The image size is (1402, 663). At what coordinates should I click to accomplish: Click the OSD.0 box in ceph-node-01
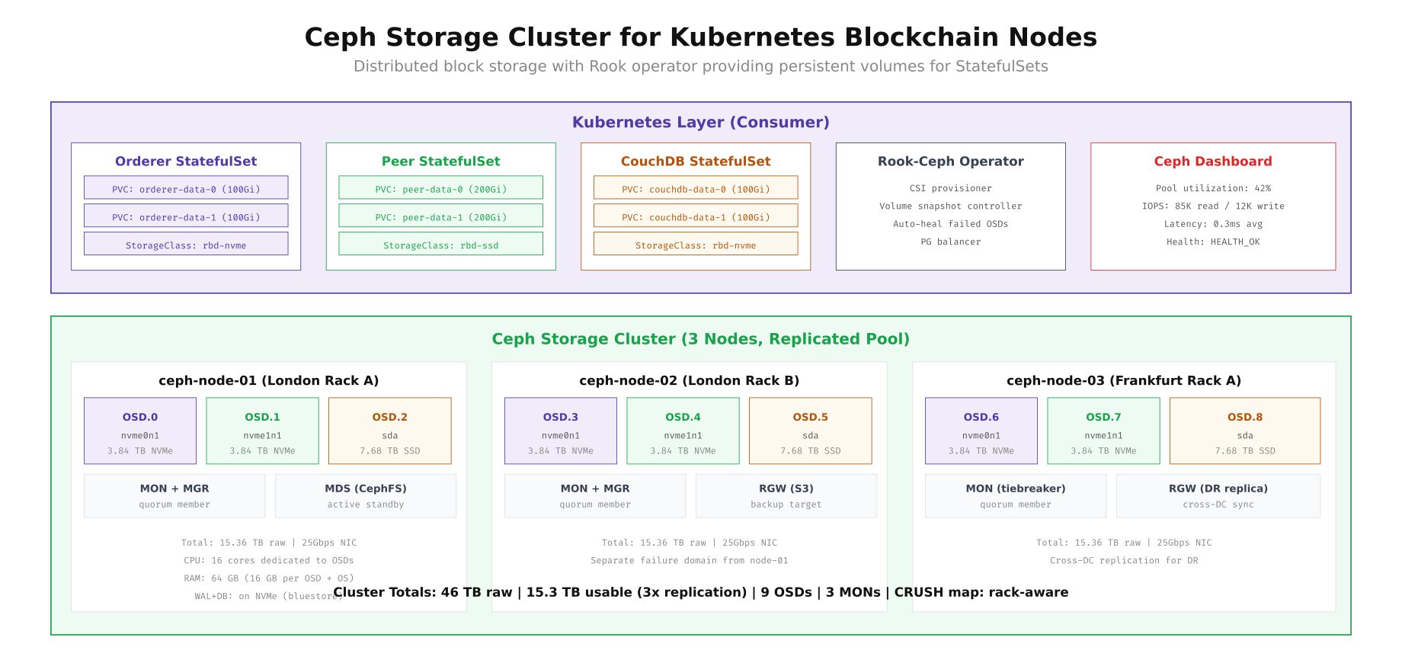click(x=140, y=431)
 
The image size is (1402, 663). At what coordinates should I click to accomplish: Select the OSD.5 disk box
click(x=810, y=431)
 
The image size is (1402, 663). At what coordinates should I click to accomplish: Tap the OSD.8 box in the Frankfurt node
click(x=1244, y=431)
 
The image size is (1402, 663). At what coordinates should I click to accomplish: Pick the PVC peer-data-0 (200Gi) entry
click(x=440, y=187)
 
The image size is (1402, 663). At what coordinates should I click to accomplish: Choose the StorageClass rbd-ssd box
click(x=440, y=244)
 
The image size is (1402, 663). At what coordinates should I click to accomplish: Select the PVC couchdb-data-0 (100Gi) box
click(x=696, y=187)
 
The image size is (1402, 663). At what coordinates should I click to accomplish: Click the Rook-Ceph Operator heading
click(x=950, y=162)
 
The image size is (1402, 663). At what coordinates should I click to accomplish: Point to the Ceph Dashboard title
click(x=1212, y=162)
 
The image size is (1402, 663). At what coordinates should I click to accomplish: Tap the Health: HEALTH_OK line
click(x=1212, y=242)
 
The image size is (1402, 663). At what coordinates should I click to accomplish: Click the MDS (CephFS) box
click(x=366, y=496)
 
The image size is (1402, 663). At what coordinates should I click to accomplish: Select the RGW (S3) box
click(x=786, y=496)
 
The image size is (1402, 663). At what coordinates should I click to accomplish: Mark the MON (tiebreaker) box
click(x=1015, y=496)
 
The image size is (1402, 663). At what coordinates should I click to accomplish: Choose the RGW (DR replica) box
click(x=1218, y=496)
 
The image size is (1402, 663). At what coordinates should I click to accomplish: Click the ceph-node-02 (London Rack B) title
click(x=689, y=381)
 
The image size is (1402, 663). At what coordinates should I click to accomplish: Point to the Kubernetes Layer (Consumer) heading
click(x=700, y=123)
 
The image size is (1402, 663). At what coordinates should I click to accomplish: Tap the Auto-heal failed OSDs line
click(x=950, y=224)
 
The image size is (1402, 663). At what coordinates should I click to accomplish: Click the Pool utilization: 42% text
click(x=1212, y=188)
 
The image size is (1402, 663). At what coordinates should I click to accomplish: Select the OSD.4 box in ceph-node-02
click(x=683, y=431)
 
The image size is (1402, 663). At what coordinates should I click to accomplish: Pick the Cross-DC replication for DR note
click(x=1123, y=561)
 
